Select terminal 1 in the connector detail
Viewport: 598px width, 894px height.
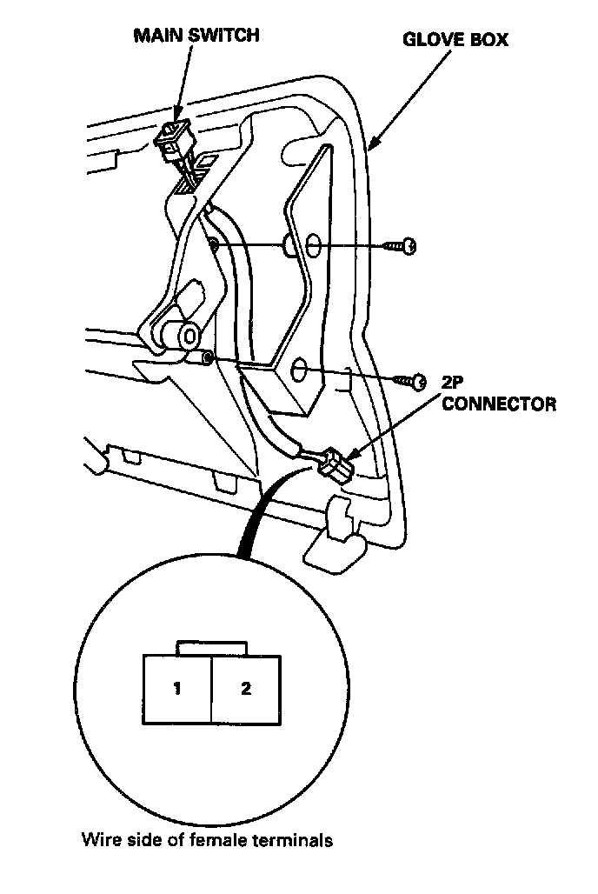(x=176, y=690)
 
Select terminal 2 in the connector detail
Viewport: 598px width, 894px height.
(x=246, y=690)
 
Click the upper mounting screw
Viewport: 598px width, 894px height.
(x=403, y=247)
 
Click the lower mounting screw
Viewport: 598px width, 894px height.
(x=409, y=380)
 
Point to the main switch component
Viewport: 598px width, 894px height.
(x=173, y=137)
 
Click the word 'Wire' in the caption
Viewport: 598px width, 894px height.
(x=99, y=841)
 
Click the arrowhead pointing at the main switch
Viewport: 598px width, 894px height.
(x=177, y=117)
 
